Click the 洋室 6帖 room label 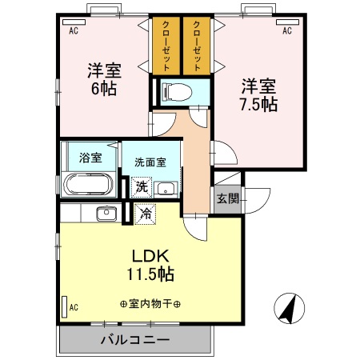click(102, 78)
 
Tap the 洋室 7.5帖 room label click(258, 94)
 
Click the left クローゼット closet click(165, 44)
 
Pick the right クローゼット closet click(196, 44)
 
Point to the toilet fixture click(170, 90)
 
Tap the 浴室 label click(90, 157)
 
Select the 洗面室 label click(150, 161)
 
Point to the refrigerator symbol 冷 click(146, 214)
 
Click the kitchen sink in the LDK click(105, 214)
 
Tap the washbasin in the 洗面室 click(166, 189)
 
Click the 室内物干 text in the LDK click(150, 304)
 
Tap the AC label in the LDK click(73, 306)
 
